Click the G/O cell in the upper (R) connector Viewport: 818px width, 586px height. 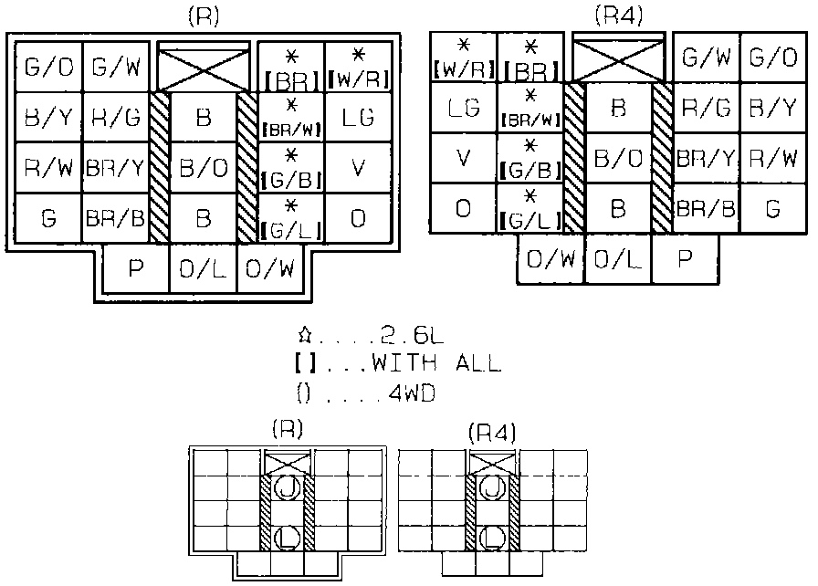point(45,66)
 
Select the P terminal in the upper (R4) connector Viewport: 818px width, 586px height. point(686,258)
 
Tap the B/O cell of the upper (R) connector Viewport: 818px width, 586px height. point(203,168)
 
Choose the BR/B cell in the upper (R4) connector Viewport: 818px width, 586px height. point(706,208)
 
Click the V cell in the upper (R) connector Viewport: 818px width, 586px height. point(360,168)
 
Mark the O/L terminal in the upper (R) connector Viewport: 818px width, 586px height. point(203,269)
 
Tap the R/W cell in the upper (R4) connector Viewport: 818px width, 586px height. point(772,158)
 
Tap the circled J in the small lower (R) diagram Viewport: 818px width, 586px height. point(288,487)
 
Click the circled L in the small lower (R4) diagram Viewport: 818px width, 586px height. point(493,536)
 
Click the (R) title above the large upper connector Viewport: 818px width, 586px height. point(203,17)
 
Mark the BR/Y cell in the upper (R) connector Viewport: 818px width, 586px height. point(114,168)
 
